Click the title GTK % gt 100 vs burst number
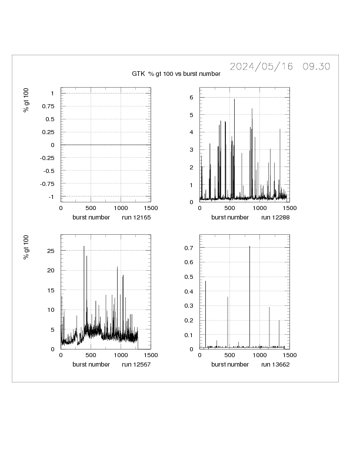click(x=176, y=74)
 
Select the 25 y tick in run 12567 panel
click(x=51, y=251)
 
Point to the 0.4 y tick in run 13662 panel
click(x=189, y=291)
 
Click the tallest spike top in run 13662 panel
click(x=249, y=247)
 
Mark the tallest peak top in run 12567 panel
click(x=84, y=246)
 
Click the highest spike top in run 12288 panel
click(x=234, y=99)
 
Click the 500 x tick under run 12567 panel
click(x=91, y=355)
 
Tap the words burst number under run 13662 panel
click(x=230, y=365)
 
